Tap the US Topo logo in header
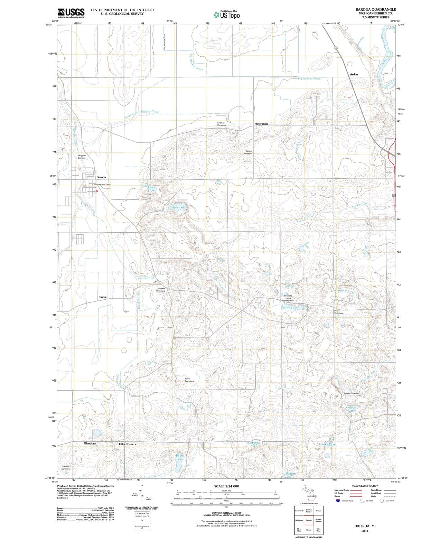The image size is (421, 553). [226, 15]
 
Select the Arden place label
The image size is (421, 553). [354, 74]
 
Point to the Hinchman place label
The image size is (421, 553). [261, 124]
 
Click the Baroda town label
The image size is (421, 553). [101, 177]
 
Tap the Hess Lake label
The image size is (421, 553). [151, 188]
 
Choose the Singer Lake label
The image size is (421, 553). [178, 207]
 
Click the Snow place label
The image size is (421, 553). [103, 297]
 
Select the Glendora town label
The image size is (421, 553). [90, 443]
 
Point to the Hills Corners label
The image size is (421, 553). [127, 444]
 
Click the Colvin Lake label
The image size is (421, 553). [351, 409]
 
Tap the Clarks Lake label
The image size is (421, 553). [327, 444]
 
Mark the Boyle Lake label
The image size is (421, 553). [179, 457]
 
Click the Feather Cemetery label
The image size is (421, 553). [221, 124]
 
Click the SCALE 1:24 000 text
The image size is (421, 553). [226, 486]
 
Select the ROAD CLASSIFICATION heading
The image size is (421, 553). [365, 486]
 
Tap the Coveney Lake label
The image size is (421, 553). [254, 444]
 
